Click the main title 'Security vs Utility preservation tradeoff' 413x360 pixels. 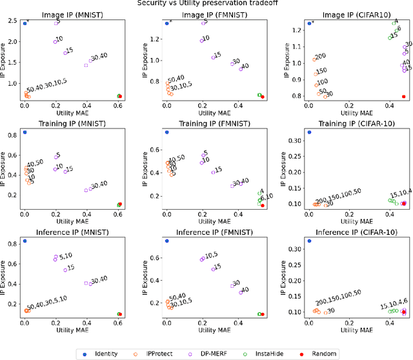206,3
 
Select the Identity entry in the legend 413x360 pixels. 103,354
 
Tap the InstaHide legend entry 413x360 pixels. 285,354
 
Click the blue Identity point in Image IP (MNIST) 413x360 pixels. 25,23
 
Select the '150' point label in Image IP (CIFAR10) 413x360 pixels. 321,71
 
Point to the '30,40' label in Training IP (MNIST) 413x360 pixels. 99,186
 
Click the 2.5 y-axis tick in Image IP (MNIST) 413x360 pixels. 12,22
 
